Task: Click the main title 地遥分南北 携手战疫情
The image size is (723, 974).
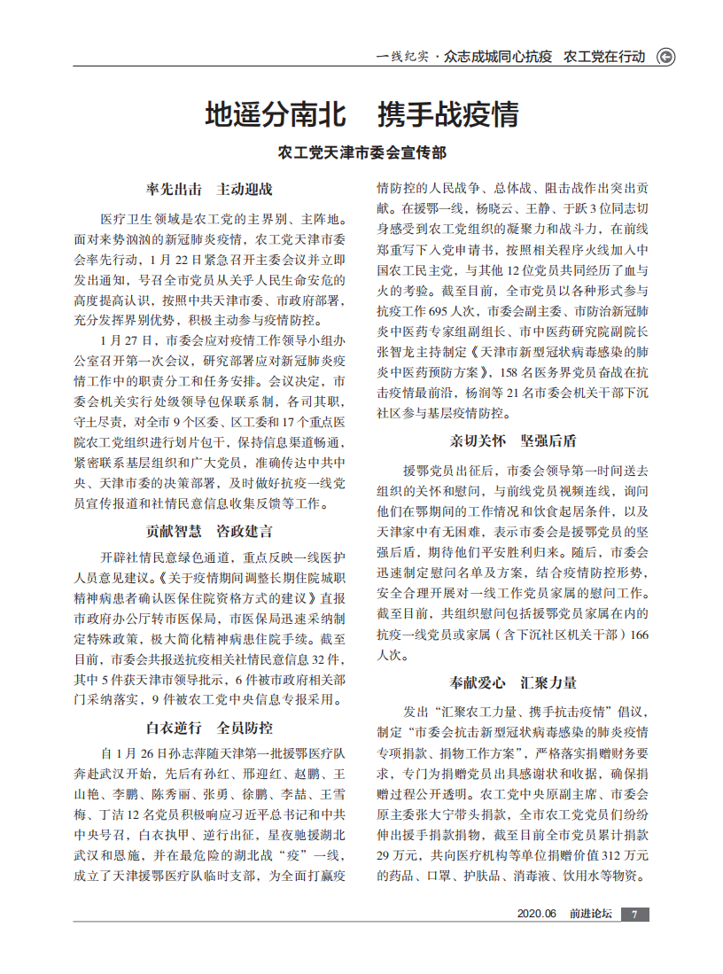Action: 361,115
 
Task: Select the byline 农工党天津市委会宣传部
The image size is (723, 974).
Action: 361,152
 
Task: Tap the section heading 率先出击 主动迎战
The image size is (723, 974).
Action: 209,189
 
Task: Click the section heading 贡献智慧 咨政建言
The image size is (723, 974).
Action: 209,532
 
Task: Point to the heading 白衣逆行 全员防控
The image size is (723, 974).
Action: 209,729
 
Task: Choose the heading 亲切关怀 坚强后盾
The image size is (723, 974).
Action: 513,441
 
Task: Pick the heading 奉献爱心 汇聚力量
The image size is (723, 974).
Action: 513,682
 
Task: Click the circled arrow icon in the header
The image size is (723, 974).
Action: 665,57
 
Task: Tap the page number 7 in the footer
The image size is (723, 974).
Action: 634,915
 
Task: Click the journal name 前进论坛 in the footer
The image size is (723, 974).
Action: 590,915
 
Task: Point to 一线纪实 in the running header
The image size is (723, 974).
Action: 402,57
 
